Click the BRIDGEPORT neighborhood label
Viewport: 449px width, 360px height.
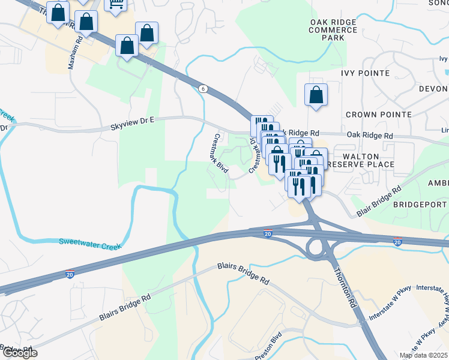tap(420, 205)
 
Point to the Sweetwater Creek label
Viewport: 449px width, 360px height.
tap(90, 244)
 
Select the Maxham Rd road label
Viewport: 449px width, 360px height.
tap(75, 52)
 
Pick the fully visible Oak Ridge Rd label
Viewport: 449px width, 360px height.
tap(369, 136)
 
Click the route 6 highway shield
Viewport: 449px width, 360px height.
tap(203, 89)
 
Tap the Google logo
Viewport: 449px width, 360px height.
tap(19, 353)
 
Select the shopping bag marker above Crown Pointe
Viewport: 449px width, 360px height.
tap(316, 95)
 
